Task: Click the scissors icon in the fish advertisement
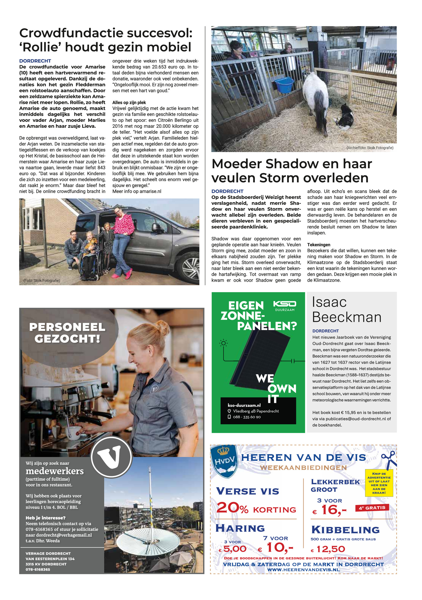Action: pos(389,459)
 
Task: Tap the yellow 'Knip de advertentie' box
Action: pos(379,483)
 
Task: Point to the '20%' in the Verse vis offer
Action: pos(232,508)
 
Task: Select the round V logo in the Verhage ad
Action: pos(111,457)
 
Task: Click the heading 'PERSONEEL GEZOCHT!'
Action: pos(67,333)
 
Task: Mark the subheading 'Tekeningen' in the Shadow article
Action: pos(319,245)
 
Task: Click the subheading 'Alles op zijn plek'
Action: pos(129,102)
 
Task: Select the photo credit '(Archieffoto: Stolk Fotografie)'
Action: pos(370,148)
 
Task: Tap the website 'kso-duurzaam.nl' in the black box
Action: pos(244,405)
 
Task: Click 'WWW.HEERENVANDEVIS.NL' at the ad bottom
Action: pos(303,570)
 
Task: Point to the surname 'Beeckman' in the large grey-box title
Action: pos(347,317)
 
